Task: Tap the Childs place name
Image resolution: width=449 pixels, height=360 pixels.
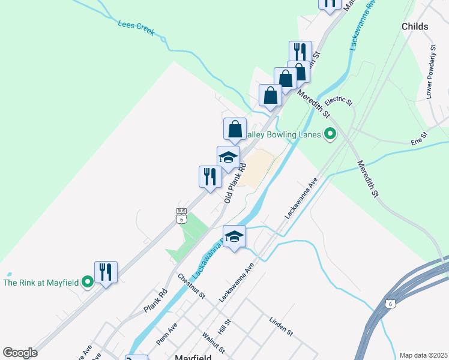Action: point(415,26)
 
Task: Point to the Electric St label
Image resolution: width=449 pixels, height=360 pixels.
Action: point(339,98)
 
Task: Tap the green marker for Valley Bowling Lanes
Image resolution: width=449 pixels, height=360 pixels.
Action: point(330,134)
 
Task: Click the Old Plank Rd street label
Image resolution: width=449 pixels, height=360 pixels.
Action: point(236,182)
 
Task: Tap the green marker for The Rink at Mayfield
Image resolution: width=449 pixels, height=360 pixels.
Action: point(88,281)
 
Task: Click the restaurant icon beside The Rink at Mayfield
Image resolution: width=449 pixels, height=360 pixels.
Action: point(106,272)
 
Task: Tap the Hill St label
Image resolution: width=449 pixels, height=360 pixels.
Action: point(224,327)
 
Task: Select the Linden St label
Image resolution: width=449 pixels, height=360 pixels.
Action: point(281,326)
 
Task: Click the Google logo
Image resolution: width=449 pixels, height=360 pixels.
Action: point(20,352)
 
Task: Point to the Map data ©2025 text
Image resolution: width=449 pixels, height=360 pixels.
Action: point(423,355)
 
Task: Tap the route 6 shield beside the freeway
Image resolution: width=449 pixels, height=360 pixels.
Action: point(391,305)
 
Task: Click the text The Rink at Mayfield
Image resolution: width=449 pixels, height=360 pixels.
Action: point(42,281)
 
